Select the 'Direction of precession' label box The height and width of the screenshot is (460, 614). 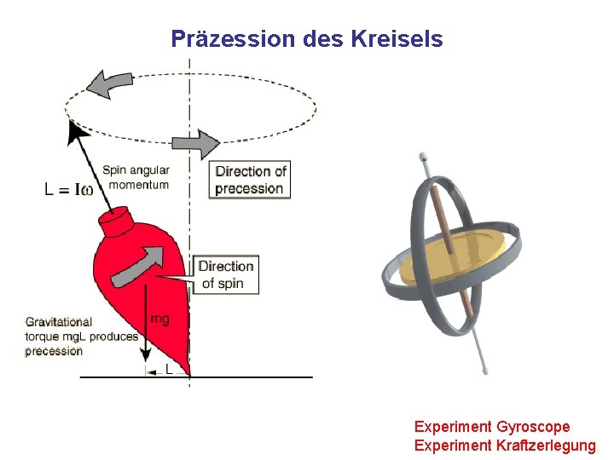(x=250, y=180)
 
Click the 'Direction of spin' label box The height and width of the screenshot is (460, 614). (x=226, y=274)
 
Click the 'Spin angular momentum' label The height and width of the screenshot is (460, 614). (x=136, y=177)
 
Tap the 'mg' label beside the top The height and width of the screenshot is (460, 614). (x=159, y=319)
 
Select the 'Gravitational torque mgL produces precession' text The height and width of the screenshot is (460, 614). (x=81, y=336)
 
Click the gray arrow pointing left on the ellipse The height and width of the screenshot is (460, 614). (x=107, y=83)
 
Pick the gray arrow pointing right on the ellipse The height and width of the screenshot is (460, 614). (x=195, y=144)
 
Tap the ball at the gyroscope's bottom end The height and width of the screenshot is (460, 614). (x=485, y=371)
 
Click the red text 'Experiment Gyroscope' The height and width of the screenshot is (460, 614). (x=492, y=426)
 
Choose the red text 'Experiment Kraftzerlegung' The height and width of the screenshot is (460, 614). (x=505, y=445)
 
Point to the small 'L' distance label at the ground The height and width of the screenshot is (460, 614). (x=168, y=371)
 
